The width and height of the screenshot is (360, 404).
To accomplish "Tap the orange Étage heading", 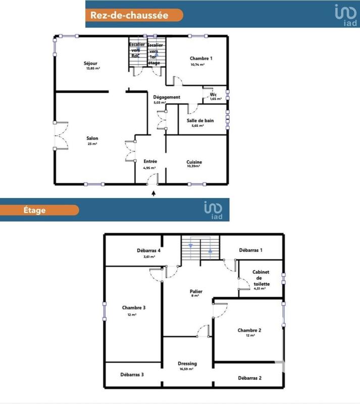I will [x=34, y=210].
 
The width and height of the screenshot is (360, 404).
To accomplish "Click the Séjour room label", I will [x=90, y=63].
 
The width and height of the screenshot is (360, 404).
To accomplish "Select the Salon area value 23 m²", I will [x=92, y=144].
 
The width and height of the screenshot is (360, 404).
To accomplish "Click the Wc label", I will [x=213, y=94].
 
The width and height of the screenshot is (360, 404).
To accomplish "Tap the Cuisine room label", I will [x=193, y=162].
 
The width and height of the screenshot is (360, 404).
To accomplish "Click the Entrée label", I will [x=150, y=162].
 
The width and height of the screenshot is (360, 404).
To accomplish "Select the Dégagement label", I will [x=167, y=97].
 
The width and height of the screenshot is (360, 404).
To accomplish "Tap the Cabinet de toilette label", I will [x=261, y=278].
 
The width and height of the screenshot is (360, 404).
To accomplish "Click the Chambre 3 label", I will [x=134, y=308].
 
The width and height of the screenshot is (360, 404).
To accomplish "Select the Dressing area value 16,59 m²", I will [x=187, y=369].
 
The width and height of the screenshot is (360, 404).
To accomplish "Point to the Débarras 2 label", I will [x=249, y=378].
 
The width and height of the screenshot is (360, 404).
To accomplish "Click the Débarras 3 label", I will [x=132, y=375].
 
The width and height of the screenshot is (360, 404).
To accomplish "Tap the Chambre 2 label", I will [x=249, y=330].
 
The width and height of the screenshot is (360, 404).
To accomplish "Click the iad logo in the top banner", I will [x=345, y=14].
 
